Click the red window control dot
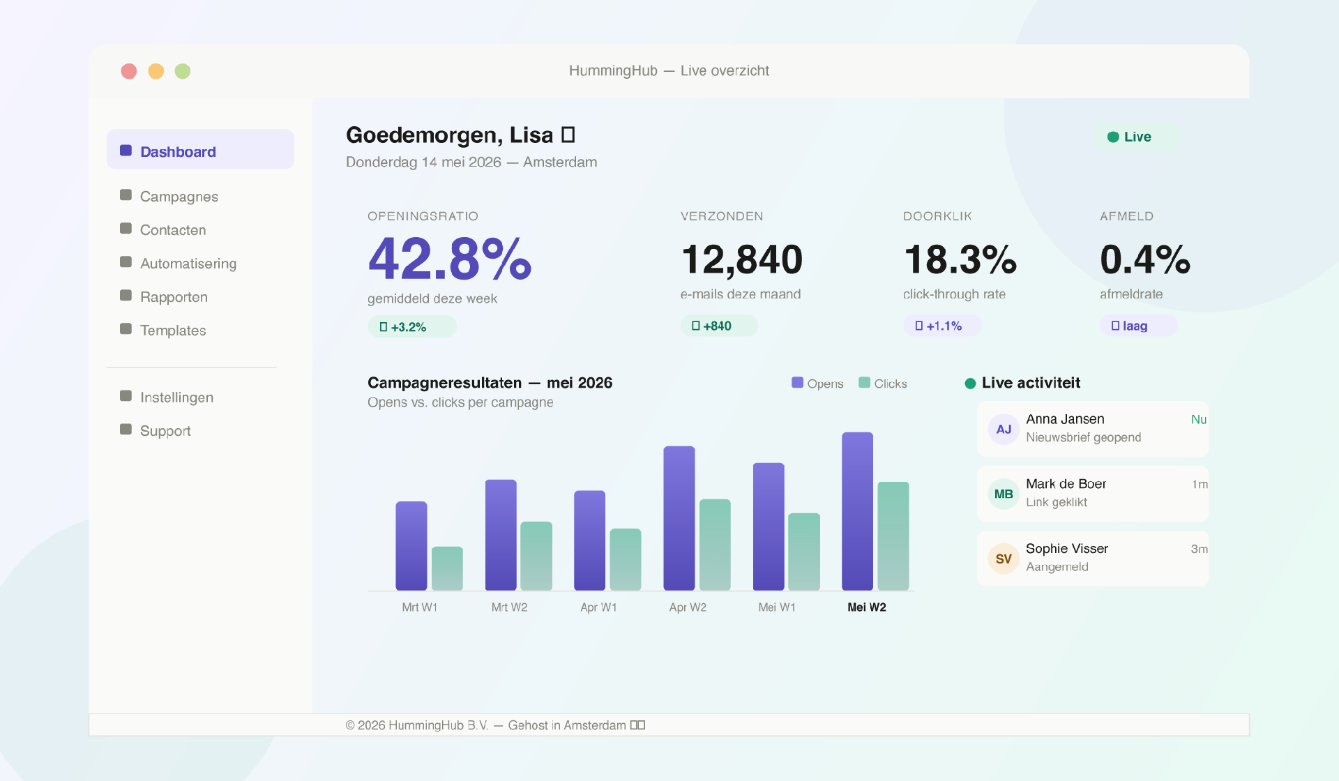click(x=129, y=71)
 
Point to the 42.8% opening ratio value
click(x=450, y=259)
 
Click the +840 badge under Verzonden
click(x=719, y=326)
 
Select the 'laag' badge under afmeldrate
click(x=1139, y=326)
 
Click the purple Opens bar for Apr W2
click(x=679, y=518)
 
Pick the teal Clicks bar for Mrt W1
click(x=447, y=568)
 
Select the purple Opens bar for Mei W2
click(x=858, y=511)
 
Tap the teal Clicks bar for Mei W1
click(x=804, y=552)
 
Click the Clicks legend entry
click(x=883, y=384)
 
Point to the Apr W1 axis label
click(x=598, y=607)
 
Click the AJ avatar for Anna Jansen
click(x=1004, y=429)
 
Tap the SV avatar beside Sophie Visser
click(x=1004, y=559)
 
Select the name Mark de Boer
click(x=1066, y=484)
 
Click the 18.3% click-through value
click(x=960, y=259)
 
